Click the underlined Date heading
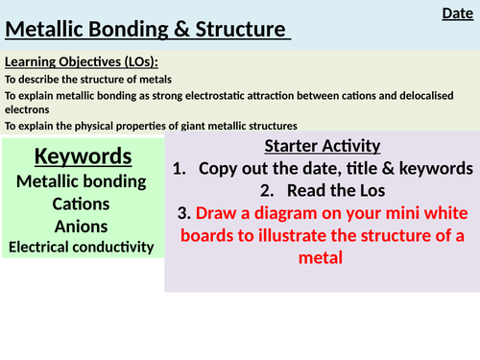tap(456, 12)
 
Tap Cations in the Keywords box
tap(82, 203)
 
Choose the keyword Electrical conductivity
tap(82, 247)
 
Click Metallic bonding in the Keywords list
tap(82, 180)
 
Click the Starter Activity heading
tap(322, 146)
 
